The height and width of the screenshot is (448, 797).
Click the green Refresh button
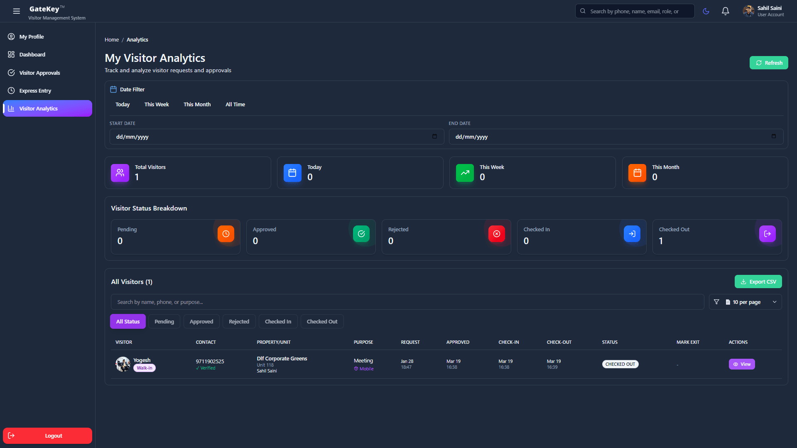(768, 63)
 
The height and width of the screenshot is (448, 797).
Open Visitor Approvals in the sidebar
(39, 73)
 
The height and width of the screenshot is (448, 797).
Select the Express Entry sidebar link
(35, 91)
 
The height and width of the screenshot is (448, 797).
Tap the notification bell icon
(725, 11)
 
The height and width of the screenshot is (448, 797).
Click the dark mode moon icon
(706, 11)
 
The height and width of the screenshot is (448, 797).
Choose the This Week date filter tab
(157, 104)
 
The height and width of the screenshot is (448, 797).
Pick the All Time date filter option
(235, 104)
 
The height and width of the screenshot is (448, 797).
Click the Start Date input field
(270, 137)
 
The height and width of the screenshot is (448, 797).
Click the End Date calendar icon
(773, 136)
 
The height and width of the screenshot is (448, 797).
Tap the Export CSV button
(758, 282)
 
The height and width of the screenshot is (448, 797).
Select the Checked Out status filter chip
(322, 321)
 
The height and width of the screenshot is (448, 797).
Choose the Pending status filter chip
(164, 321)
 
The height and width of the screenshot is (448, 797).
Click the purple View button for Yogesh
(741, 364)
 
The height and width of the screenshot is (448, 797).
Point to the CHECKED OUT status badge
(620, 364)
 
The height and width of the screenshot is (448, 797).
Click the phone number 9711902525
(210, 361)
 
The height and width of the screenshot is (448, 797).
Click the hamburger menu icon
(16, 11)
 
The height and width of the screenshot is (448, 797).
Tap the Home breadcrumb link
(111, 39)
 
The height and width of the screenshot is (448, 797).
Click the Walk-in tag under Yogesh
(144, 368)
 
